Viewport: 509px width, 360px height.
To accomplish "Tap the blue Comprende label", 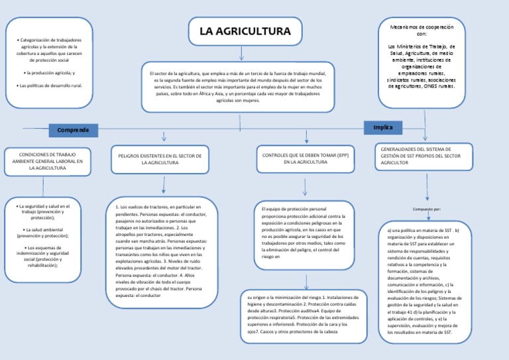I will [x=73, y=129].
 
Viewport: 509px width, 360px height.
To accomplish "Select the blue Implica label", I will [x=383, y=127].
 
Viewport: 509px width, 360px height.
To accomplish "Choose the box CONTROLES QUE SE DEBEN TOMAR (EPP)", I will [x=306, y=158].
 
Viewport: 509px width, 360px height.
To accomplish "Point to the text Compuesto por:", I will [x=426, y=209].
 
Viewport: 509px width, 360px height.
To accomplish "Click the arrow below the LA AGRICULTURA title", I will [x=241, y=52].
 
